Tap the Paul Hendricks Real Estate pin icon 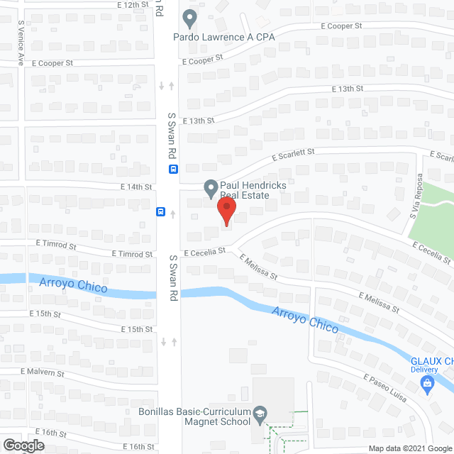210,189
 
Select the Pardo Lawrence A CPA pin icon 189,17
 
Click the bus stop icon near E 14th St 161,211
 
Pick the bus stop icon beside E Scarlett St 173,169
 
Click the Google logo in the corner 22,445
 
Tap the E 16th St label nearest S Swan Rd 138,446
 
